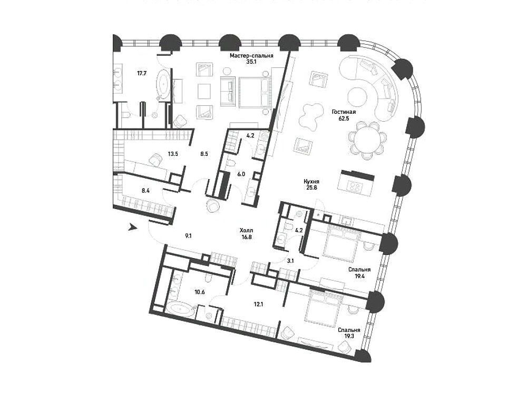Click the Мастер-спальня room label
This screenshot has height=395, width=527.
tap(251, 56)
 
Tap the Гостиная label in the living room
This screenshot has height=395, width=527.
tap(344, 112)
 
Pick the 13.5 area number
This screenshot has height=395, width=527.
tap(173, 154)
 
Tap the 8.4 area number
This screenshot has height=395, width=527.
tap(145, 191)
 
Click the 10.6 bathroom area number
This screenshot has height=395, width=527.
tap(200, 292)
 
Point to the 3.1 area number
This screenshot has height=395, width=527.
tap(291, 260)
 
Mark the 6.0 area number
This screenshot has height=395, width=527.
tap(241, 174)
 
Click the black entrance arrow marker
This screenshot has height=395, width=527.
tap(132, 228)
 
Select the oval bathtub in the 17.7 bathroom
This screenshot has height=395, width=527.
tap(164, 85)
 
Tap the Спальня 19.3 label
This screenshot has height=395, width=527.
tap(349, 333)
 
